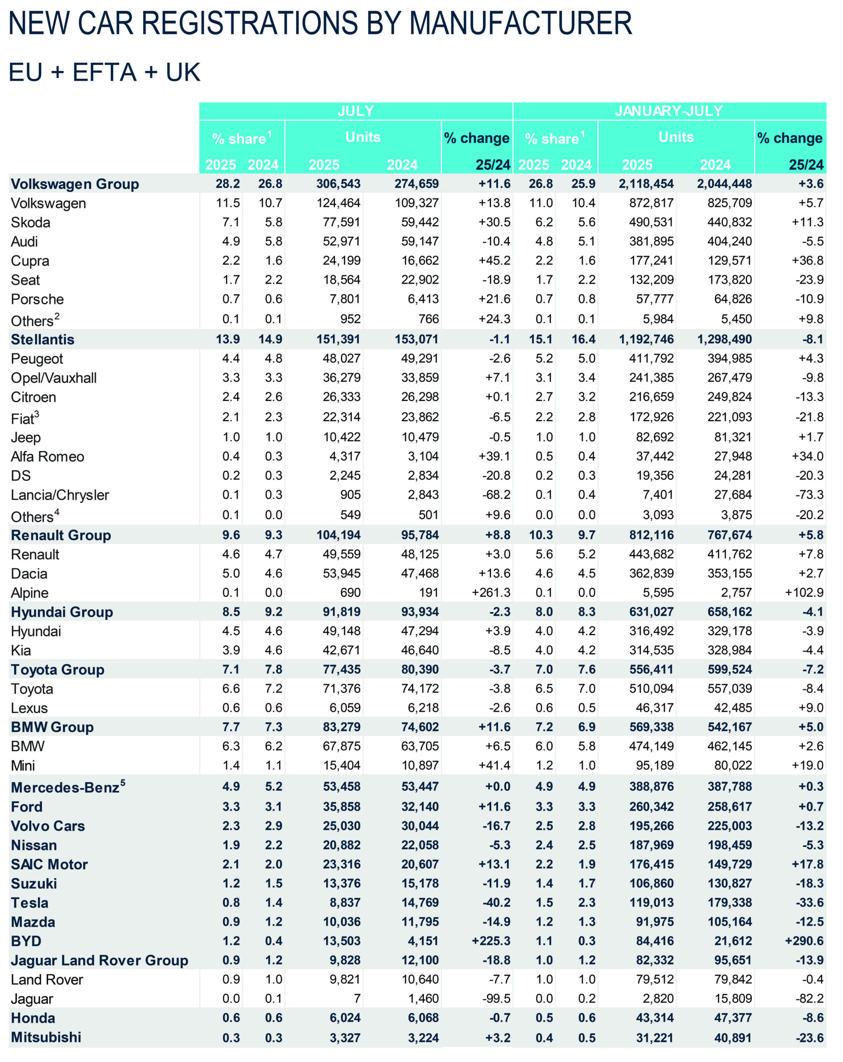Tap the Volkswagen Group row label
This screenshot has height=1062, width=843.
point(75,184)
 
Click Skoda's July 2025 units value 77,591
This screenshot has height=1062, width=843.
point(341,222)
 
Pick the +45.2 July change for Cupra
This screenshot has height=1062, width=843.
point(494,261)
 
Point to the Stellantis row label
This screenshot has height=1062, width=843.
point(42,339)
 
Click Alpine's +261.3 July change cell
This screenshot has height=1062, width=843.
point(491,592)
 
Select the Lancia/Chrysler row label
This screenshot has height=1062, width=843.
point(60,495)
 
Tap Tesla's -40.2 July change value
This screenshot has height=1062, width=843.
point(496,903)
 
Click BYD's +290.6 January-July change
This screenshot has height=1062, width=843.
point(804,941)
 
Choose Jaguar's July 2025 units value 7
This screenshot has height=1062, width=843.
point(357,999)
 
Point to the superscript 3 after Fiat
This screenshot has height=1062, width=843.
point(37,414)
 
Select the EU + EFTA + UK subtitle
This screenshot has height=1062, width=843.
point(105,73)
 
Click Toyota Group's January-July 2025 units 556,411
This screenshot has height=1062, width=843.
point(651,670)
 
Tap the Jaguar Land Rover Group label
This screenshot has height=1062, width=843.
point(100,960)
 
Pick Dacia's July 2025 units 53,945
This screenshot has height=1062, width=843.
point(341,574)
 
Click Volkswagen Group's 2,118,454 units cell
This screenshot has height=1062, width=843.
point(646,184)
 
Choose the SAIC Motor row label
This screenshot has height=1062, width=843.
point(49,865)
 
